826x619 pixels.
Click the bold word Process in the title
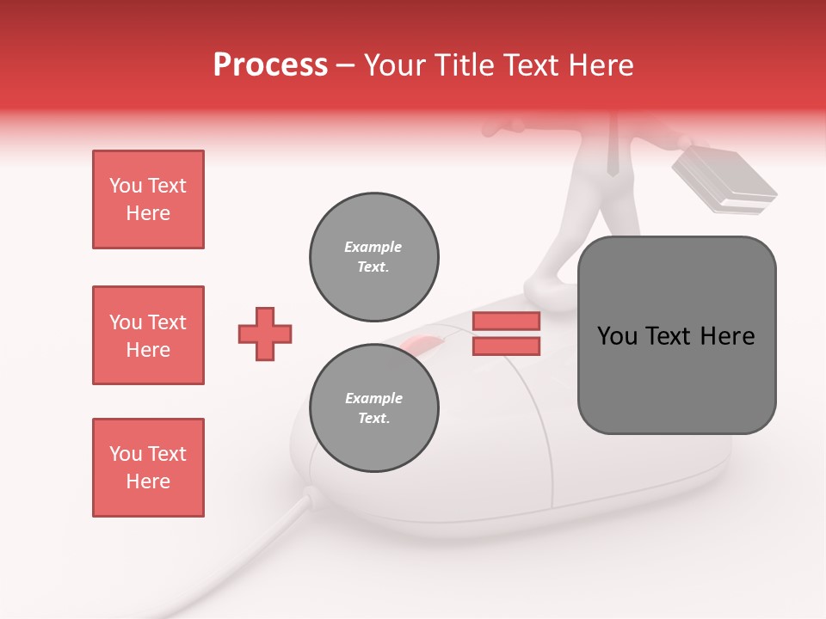[270, 65]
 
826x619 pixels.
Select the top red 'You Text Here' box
[148, 199]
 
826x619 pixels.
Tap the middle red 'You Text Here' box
[148, 335]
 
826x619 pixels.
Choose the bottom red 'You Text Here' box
[148, 468]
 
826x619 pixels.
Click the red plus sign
[265, 334]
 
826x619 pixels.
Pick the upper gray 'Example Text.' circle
[373, 257]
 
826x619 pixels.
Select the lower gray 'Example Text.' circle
[373, 408]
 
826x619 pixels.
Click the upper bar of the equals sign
[506, 321]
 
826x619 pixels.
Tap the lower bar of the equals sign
[506, 346]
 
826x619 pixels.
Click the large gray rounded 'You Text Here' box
[676, 334]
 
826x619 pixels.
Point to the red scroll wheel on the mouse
[422, 346]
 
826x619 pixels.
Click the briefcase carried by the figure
[723, 181]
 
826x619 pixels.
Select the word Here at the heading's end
[602, 65]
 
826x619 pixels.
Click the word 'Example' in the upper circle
[373, 247]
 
